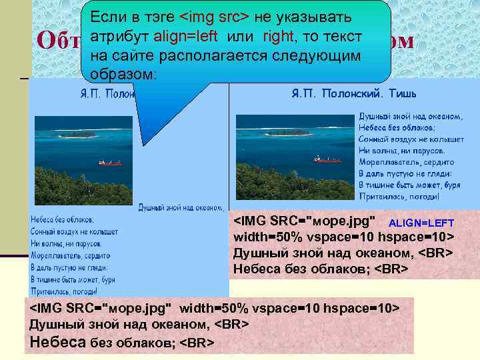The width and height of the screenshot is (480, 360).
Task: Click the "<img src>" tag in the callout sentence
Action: click(217, 16)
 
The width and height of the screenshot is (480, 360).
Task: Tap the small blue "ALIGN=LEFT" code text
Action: click(421, 222)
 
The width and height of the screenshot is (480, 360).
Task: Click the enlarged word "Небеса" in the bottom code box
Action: click(59, 342)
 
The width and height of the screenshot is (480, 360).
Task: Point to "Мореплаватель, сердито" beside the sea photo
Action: click(406, 162)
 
